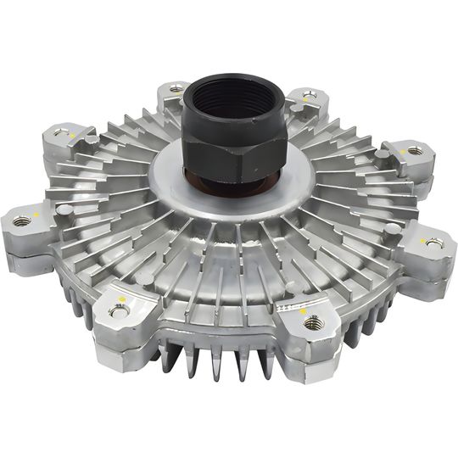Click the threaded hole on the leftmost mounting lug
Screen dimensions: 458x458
(x=23, y=221)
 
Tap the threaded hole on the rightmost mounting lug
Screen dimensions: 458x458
(x=434, y=243)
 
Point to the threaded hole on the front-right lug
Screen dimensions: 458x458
(x=313, y=321)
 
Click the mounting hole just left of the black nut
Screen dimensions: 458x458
(x=176, y=87)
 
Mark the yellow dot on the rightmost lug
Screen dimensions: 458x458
(x=422, y=237)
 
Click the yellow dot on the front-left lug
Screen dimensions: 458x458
(x=123, y=299)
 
